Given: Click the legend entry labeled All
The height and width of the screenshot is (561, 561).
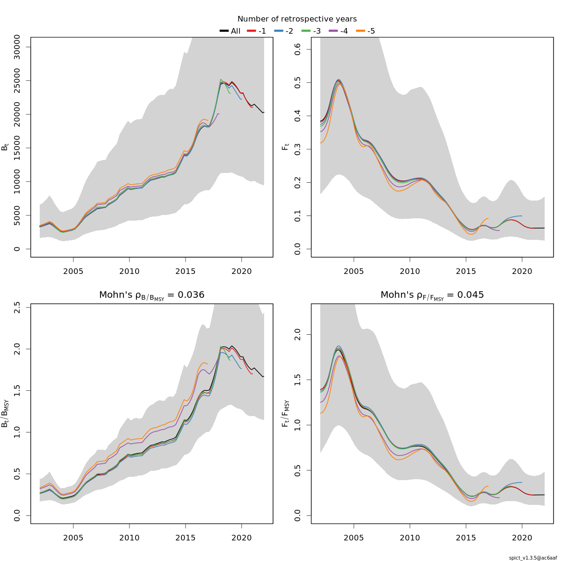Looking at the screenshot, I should pyautogui.click(x=230, y=31).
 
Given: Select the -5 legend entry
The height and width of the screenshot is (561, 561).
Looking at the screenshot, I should pyautogui.click(x=366, y=31).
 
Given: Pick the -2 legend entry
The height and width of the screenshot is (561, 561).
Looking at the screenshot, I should pyautogui.click(x=285, y=31).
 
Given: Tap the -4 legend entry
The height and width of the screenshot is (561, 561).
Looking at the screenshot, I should pyautogui.click(x=339, y=31).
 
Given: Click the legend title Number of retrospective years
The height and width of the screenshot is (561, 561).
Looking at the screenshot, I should pyautogui.click(x=297, y=19).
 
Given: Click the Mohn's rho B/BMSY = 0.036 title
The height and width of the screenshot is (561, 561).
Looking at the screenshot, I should pyautogui.click(x=151, y=295).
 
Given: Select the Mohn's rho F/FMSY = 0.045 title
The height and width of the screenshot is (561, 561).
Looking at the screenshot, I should pyautogui.click(x=432, y=295).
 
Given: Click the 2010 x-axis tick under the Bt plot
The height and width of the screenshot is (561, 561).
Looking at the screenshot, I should pyautogui.click(x=129, y=271).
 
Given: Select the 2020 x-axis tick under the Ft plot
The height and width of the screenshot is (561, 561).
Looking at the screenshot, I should pyautogui.click(x=522, y=271).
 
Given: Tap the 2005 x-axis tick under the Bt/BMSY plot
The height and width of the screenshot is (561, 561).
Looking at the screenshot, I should pyautogui.click(x=73, y=538).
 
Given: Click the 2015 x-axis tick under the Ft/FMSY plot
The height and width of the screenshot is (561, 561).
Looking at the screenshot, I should pyautogui.click(x=466, y=538).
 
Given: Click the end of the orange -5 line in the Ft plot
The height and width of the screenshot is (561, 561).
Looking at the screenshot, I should pyautogui.click(x=488, y=218).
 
